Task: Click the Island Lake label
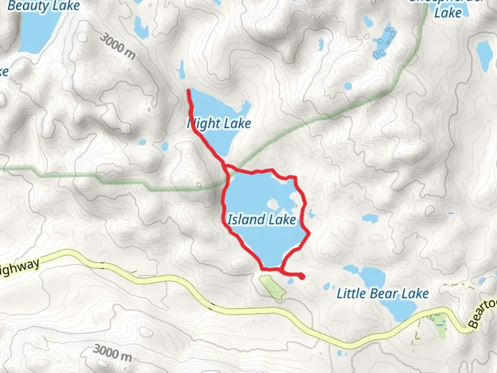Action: tap(262, 220)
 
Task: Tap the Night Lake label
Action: tap(220, 124)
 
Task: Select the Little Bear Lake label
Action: tap(382, 294)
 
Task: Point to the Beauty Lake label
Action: tap(43, 6)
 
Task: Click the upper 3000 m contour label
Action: tap(117, 47)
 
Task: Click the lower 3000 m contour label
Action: tap(113, 352)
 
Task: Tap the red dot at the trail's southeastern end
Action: tap(302, 276)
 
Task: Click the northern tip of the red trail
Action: tap(188, 90)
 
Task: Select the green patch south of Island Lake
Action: tap(273, 287)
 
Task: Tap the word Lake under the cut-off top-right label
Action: tap(448, 13)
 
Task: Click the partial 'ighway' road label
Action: tap(19, 268)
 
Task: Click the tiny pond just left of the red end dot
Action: tap(291, 282)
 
